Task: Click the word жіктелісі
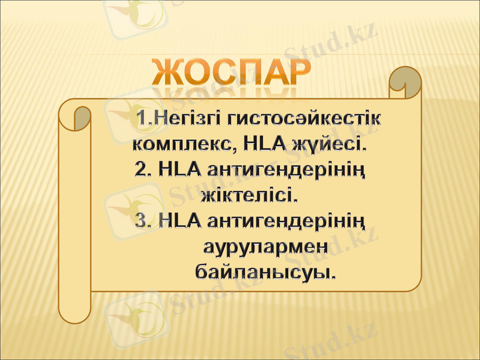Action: [x=249, y=196]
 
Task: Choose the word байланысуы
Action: [x=265, y=272]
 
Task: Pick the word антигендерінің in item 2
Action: [x=286, y=170]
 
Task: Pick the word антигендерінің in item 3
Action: [x=286, y=221]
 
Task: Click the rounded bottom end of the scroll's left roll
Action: [x=74, y=312]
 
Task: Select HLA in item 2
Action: [x=179, y=170]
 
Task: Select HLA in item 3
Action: [x=179, y=221]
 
